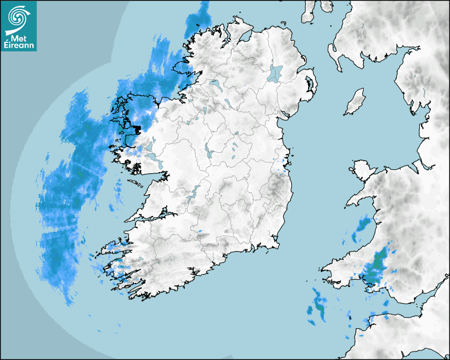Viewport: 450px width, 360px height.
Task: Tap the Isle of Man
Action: (x=355, y=102)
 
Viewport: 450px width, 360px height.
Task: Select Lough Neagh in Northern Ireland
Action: (x=276, y=73)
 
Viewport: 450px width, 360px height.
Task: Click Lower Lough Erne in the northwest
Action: (x=214, y=84)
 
